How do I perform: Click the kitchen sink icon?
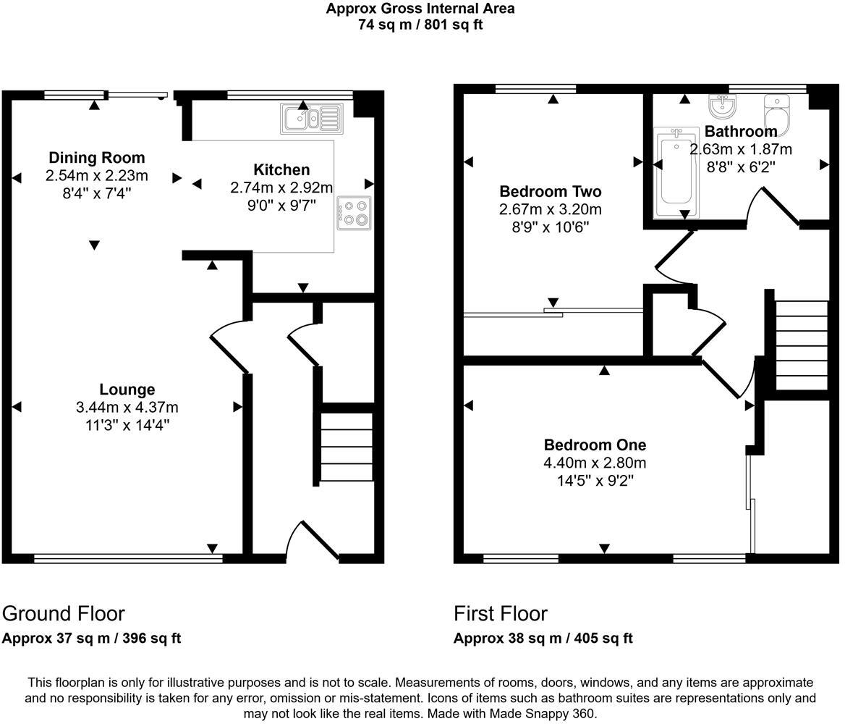[x=313, y=119]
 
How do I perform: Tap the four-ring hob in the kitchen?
[x=354, y=213]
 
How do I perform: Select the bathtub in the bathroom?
[x=676, y=172]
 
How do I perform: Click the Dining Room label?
[x=96, y=158]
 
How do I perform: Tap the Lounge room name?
[x=127, y=390]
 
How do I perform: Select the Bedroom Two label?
[x=550, y=192]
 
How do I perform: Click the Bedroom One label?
[x=595, y=445]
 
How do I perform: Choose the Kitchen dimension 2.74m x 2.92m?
[x=281, y=188]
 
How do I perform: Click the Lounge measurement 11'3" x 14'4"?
[x=127, y=424]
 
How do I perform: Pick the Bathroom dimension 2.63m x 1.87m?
[x=740, y=149]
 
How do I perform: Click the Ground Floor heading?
[x=64, y=613]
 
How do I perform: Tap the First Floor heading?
[x=500, y=613]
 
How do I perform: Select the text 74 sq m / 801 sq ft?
[x=420, y=25]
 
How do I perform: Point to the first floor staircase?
[x=801, y=345]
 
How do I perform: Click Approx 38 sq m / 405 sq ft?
[x=543, y=639]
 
